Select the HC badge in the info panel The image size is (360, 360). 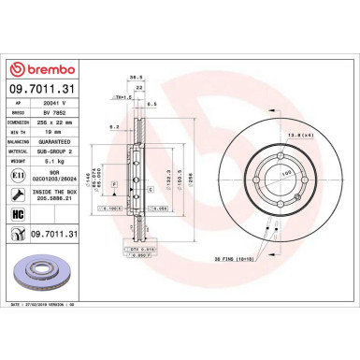point(20,214)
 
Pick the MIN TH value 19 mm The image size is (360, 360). point(52,130)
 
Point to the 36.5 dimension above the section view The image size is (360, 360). point(136,79)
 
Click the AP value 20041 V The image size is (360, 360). point(55,102)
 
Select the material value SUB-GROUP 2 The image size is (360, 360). point(58,149)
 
